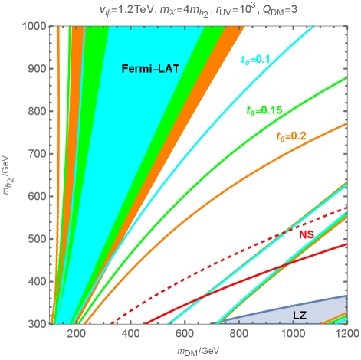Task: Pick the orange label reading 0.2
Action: tap(290, 135)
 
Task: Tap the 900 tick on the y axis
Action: tap(35, 69)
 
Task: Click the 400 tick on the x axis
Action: tap(130, 335)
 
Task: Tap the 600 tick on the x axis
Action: tap(184, 335)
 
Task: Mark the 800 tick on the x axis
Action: tap(238, 335)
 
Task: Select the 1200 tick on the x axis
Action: tap(346, 335)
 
